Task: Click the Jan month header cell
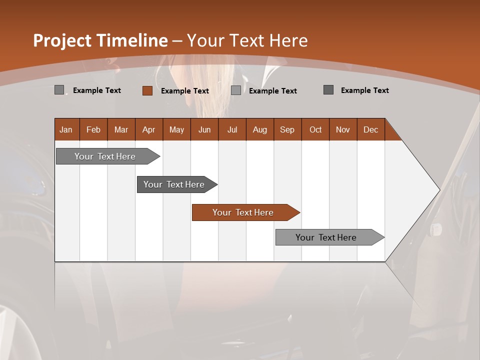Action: click(66, 129)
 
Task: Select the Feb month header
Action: click(93, 129)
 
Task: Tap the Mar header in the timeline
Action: click(121, 129)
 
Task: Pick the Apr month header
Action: click(149, 129)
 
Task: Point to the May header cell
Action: click(176, 129)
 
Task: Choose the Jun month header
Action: click(204, 129)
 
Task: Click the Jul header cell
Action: click(232, 129)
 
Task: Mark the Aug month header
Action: click(260, 129)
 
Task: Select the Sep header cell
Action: click(287, 129)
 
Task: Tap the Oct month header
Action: click(315, 129)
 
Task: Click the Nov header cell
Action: click(343, 129)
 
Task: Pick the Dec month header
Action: click(371, 129)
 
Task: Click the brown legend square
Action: click(147, 90)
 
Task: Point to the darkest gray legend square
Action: click(328, 90)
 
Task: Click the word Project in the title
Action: click(62, 40)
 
